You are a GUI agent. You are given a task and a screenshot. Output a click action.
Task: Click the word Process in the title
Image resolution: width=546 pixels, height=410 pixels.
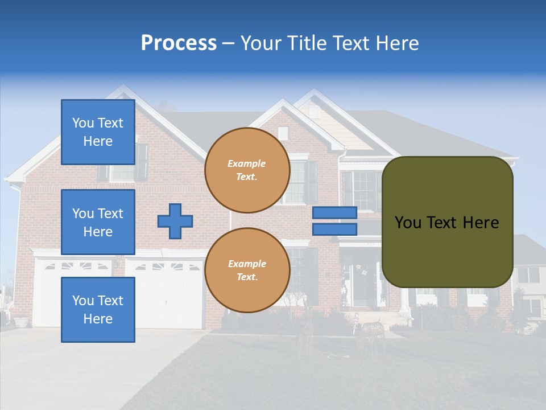pos(179,43)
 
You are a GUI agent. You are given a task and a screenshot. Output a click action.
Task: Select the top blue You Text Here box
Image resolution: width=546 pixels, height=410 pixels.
pos(98,132)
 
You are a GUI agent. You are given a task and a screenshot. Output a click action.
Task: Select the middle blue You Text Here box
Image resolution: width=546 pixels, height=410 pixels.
pos(98,222)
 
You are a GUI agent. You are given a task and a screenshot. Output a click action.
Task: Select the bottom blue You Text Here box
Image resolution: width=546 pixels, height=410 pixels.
pos(98,309)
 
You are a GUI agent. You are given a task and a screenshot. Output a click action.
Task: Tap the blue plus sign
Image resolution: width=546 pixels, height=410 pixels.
pos(175,221)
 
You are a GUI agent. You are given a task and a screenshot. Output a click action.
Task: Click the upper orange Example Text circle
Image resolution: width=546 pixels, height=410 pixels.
pos(247,170)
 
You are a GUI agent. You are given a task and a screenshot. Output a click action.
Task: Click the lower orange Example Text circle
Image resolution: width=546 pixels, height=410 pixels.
pos(247,270)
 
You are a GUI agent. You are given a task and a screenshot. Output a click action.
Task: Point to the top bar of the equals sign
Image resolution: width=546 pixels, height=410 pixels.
pos(334,212)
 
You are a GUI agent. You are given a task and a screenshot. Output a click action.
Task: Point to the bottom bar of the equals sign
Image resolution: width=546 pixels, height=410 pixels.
pos(334,229)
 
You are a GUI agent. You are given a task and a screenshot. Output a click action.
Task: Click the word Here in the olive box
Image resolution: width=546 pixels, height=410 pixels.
pos(481,222)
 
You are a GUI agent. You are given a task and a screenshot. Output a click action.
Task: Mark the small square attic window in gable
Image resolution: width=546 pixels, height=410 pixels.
pos(283,133)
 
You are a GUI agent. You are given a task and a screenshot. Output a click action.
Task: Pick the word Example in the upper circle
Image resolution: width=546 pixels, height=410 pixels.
pos(246,163)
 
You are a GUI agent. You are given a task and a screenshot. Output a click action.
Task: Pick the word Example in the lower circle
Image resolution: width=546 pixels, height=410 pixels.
pos(246,264)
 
